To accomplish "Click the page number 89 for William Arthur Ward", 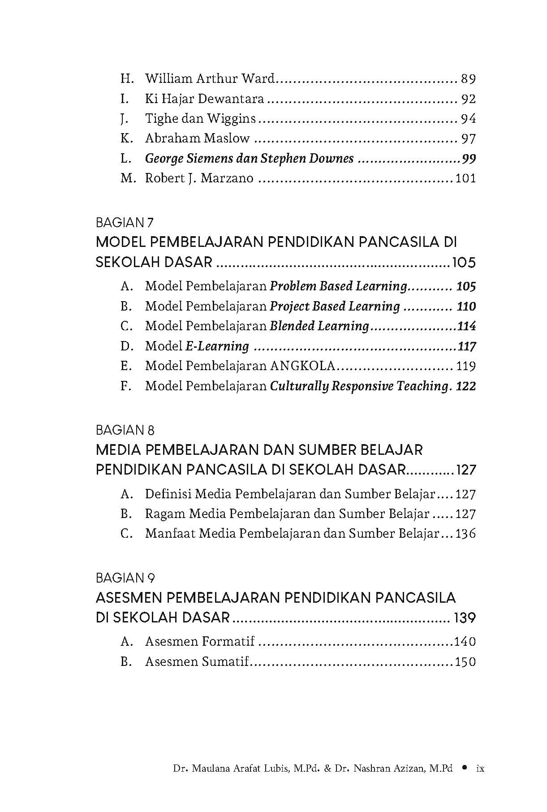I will [468, 79].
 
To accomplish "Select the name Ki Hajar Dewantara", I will [204, 99].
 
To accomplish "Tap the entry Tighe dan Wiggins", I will [200, 119].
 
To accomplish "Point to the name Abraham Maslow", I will [197, 138].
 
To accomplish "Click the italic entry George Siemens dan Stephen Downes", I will [249, 159].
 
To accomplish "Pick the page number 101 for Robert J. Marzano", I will [465, 178].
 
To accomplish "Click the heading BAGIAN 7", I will [125, 222].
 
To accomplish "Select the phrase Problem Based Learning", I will [338, 286].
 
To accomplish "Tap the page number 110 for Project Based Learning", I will [466, 307].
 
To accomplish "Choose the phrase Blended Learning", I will [319, 326].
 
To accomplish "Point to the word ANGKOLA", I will [302, 366].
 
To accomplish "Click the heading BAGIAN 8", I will [125, 430].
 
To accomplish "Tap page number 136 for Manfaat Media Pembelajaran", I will [465, 534].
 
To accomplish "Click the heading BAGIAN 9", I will [125, 578].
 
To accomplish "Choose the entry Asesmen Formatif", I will [199, 642].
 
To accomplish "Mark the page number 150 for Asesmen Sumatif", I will [465, 662].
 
